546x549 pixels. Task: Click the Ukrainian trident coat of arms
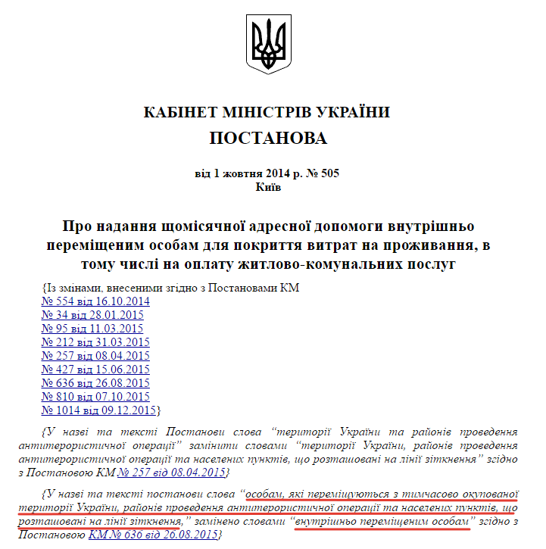tap(269, 45)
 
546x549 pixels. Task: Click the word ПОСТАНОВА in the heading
tap(268, 139)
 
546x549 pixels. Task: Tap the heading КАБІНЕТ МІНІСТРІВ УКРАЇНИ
tap(268, 112)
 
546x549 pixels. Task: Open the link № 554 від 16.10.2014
tap(95, 301)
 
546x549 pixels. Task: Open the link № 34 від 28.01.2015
tap(92, 315)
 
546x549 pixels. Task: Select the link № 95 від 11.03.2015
tap(92, 329)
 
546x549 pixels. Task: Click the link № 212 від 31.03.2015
tap(95, 342)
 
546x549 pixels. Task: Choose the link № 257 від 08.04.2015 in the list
tap(95, 356)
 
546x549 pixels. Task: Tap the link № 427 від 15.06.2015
tap(95, 370)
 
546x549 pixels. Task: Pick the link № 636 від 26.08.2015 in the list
tap(95, 383)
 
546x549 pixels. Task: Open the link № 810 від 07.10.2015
tap(95, 397)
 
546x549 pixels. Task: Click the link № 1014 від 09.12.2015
tap(98, 410)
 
